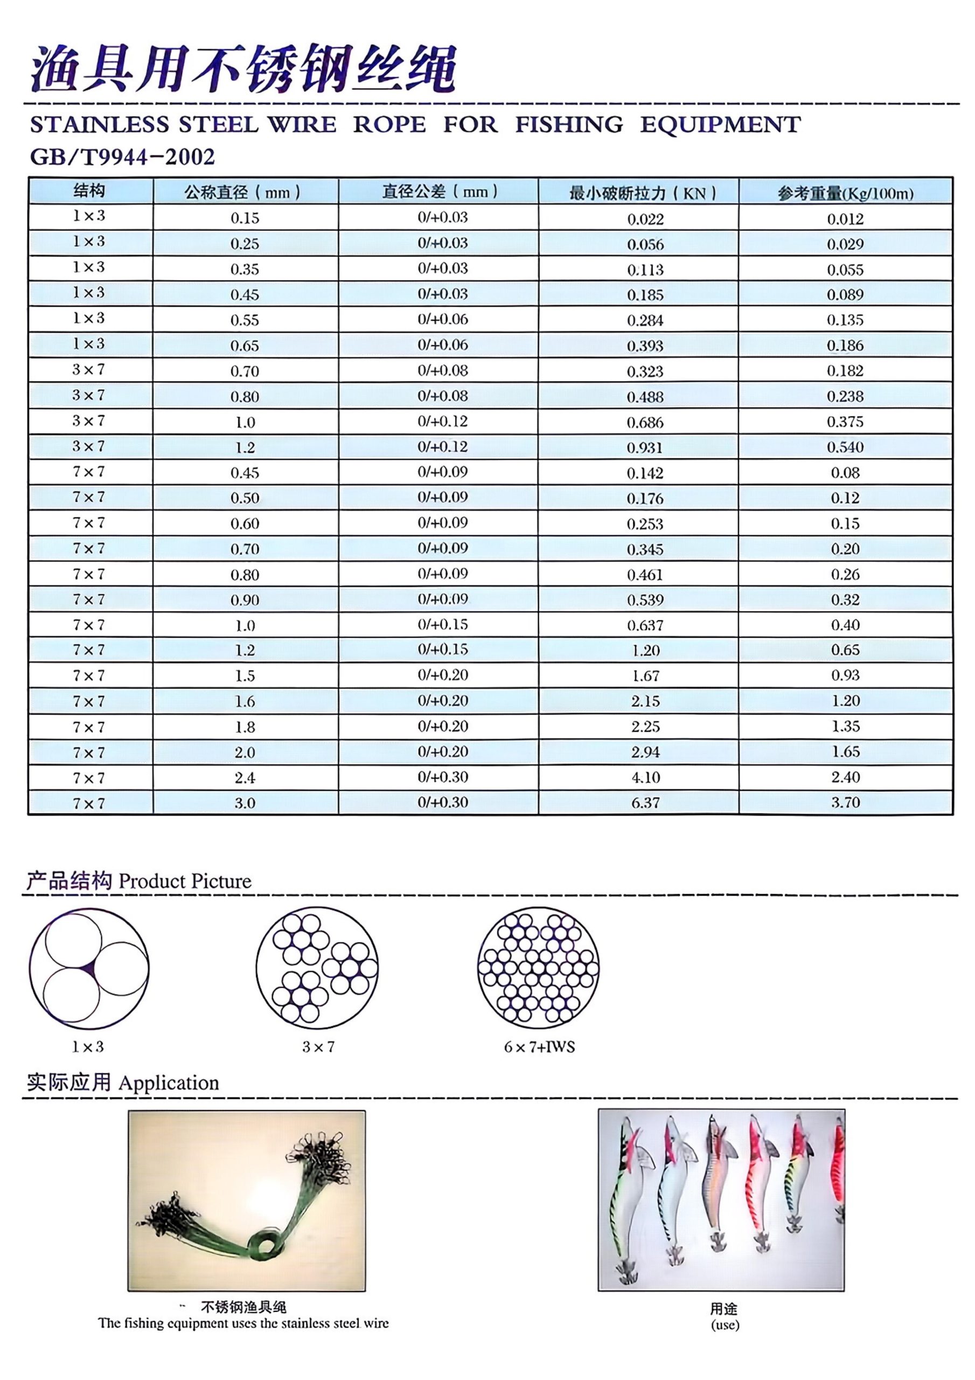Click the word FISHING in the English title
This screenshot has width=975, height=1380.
(569, 125)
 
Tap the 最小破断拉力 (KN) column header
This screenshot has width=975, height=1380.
(642, 194)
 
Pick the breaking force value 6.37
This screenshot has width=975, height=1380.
(645, 803)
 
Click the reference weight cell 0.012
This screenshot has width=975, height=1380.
(845, 219)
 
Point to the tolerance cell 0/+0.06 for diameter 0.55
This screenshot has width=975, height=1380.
(443, 320)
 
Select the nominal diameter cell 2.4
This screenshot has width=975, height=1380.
(245, 778)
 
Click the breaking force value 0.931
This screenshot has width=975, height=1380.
(645, 448)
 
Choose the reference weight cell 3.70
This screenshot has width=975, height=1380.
(845, 803)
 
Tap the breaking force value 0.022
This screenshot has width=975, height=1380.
(645, 219)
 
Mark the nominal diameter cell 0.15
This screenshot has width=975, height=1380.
(245, 218)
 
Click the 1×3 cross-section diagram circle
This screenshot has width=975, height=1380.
(89, 969)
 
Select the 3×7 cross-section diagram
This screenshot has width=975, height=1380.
(317, 969)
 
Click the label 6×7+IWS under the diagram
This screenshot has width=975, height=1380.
(539, 1047)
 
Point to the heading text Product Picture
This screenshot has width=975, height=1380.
(185, 882)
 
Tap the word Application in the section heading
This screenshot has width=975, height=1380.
(169, 1083)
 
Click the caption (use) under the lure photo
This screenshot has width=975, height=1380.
(725, 1324)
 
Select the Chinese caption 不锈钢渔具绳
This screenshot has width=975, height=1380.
(243, 1307)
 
